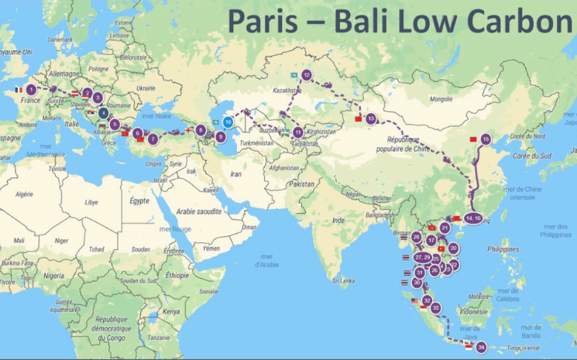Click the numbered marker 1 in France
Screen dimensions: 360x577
[30, 90]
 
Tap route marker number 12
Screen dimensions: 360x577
[307, 75]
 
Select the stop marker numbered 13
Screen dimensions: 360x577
[371, 118]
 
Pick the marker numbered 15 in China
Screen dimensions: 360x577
[486, 139]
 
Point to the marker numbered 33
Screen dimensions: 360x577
[436, 308]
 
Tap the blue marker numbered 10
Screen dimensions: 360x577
[228, 122]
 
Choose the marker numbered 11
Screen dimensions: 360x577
[298, 132]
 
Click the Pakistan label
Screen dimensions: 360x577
[302, 184]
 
